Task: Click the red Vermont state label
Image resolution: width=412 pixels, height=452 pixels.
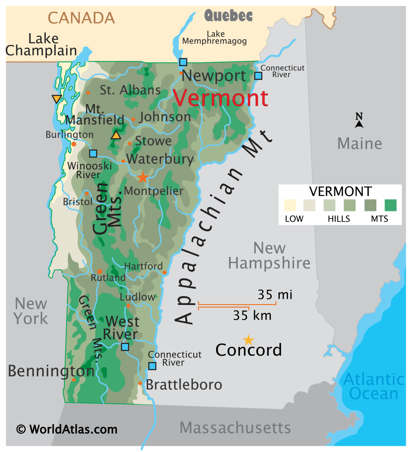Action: [x=221, y=98]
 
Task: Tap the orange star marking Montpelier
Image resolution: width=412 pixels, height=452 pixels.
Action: [x=142, y=177]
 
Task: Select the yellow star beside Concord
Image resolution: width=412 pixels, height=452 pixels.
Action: [x=249, y=340]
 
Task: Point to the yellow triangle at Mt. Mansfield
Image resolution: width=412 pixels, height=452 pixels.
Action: [x=116, y=135]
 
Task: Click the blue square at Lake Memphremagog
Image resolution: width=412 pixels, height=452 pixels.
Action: [x=183, y=62]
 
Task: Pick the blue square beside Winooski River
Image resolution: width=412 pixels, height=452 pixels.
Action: [x=93, y=154]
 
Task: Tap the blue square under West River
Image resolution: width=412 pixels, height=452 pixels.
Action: [x=125, y=347]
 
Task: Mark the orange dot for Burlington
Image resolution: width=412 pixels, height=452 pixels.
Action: [x=74, y=144]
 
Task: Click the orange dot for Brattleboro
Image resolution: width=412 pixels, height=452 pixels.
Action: [x=140, y=383]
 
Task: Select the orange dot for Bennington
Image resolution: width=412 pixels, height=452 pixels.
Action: [x=74, y=380]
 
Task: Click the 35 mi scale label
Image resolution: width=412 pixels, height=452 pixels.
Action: [x=275, y=294]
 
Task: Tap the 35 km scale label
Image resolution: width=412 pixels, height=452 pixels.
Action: [x=252, y=316]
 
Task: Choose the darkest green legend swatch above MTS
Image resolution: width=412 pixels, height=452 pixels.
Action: [x=390, y=205]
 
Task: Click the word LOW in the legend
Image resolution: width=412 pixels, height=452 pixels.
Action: [x=294, y=218]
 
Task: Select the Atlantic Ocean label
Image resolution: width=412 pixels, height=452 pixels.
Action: [x=374, y=386]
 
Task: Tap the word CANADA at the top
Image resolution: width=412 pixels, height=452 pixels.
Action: [x=81, y=18]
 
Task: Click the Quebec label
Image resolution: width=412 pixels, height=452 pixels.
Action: [x=228, y=16]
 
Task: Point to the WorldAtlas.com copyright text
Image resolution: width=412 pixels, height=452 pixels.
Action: [x=67, y=429]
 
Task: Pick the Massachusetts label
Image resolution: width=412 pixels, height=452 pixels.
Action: [x=235, y=428]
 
